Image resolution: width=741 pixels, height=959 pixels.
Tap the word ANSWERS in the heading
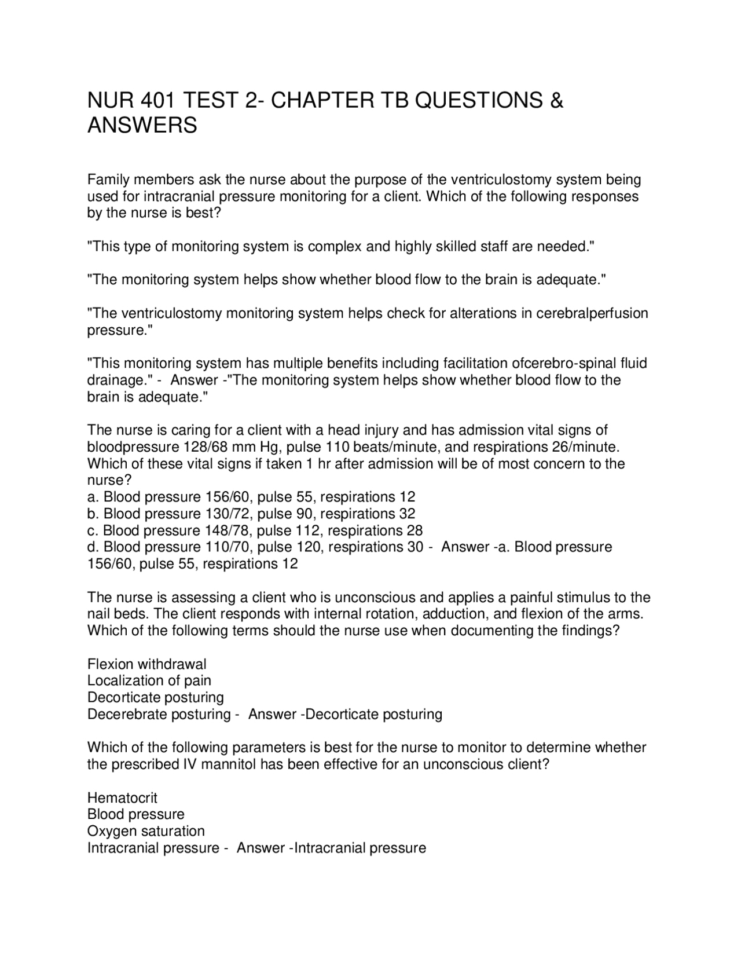point(142,126)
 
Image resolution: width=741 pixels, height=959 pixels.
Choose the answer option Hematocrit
point(122,797)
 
